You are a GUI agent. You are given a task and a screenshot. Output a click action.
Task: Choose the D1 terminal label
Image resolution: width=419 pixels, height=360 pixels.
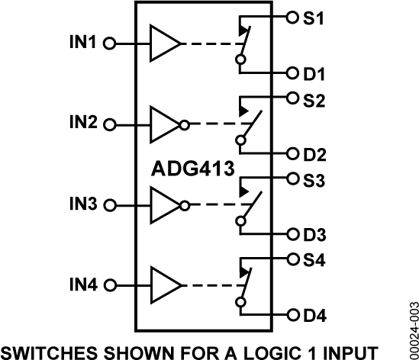(x=315, y=74)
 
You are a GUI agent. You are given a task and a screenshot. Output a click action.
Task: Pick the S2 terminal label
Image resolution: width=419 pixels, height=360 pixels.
(x=315, y=98)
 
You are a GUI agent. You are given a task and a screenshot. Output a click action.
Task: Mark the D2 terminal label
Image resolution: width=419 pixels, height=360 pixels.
(x=315, y=155)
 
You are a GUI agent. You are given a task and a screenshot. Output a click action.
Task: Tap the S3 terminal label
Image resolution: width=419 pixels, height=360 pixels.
(x=315, y=180)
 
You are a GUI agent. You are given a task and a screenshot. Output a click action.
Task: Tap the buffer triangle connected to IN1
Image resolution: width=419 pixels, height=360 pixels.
(x=163, y=43)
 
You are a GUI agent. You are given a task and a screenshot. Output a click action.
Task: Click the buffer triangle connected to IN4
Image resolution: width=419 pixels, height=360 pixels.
(x=163, y=285)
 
